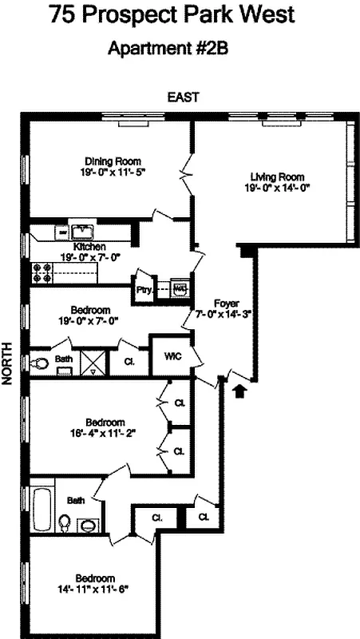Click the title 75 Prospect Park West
[182, 15]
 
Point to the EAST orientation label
[182, 97]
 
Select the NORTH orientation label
[9, 366]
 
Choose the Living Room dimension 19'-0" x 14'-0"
[277, 189]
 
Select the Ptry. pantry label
[144, 290]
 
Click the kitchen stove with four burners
[42, 272]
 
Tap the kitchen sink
[83, 232]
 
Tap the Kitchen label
[78, 247]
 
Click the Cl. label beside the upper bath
[130, 360]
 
